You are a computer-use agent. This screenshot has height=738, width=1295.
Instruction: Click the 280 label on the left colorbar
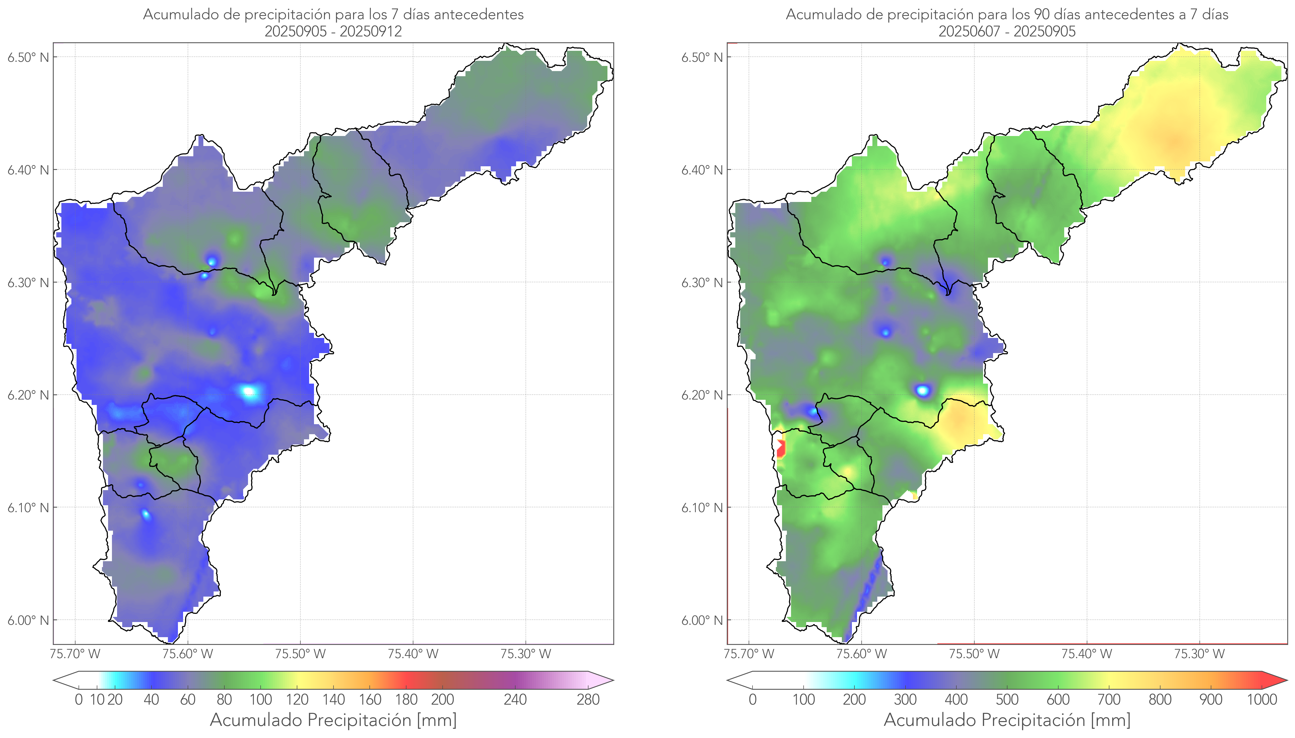588,700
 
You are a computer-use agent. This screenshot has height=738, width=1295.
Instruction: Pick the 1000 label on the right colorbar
1262,700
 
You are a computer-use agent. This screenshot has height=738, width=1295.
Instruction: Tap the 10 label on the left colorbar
97,700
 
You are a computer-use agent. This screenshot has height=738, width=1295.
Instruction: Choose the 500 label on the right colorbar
1007,700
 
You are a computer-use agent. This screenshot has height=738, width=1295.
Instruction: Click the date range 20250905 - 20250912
333,31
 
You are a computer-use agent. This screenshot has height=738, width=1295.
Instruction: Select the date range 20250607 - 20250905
1007,31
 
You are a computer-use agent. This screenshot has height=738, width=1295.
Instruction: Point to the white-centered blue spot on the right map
923,390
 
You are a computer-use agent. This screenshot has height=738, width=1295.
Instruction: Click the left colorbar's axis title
333,720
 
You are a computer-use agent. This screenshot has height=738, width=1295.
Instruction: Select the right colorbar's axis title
1007,720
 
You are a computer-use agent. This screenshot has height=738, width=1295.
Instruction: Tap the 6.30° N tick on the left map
28,282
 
